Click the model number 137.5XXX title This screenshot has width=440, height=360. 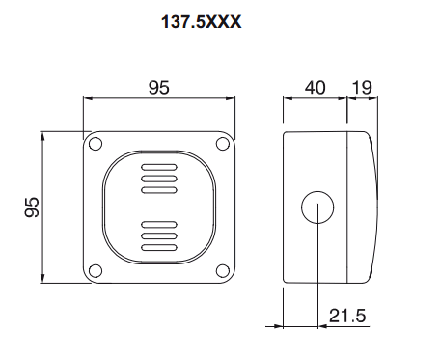201,22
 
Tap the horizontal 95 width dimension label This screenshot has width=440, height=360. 158,87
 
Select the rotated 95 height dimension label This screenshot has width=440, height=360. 32,208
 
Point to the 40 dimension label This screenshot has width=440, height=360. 315,87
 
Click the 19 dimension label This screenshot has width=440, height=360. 362,87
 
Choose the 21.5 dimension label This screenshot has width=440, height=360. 347,316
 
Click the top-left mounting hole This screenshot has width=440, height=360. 96,144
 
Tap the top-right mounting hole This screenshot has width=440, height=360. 223,144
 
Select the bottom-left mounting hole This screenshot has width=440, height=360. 96,271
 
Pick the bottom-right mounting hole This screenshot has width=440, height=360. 223,271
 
